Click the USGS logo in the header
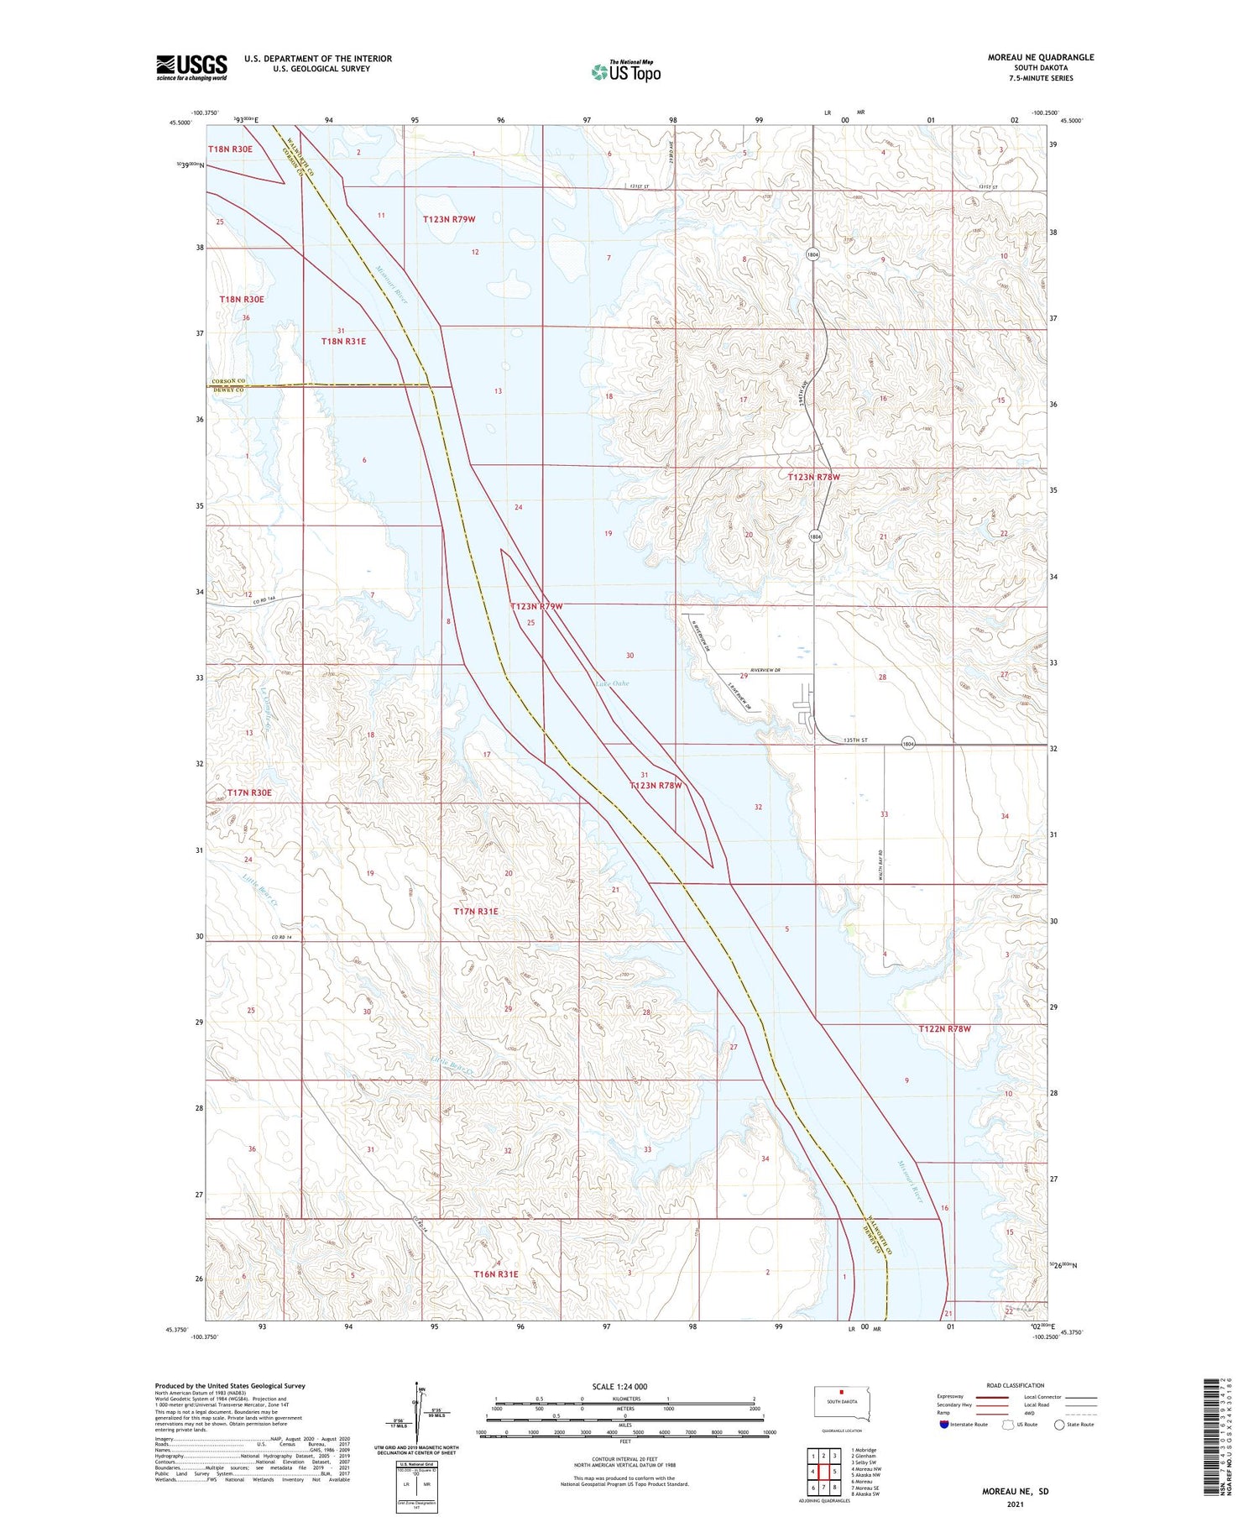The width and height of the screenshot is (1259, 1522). [x=191, y=67]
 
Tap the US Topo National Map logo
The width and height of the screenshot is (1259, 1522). [x=626, y=71]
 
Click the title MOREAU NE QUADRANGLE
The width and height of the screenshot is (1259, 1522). [x=1041, y=57]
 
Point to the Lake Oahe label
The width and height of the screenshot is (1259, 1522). [x=612, y=683]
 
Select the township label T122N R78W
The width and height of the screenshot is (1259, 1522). [x=944, y=1028]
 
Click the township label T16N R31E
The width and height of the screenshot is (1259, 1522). [x=496, y=1274]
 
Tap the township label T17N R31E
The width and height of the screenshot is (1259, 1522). [x=476, y=911]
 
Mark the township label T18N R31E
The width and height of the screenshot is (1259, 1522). [x=343, y=342]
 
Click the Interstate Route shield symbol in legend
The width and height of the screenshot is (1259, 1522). [x=943, y=1424]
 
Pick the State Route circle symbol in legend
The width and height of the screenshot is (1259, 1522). [x=1059, y=1424]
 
